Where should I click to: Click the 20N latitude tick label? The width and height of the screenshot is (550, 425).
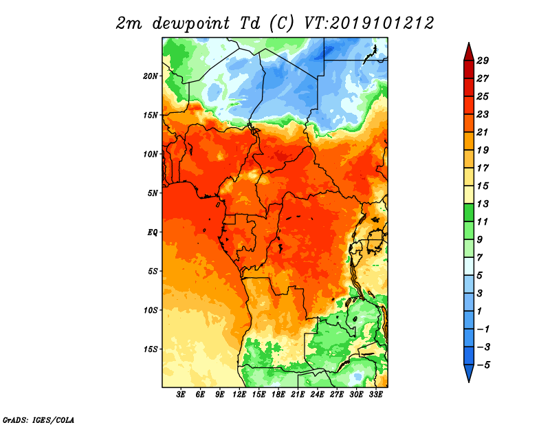(151, 76)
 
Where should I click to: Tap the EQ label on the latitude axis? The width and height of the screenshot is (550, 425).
(153, 232)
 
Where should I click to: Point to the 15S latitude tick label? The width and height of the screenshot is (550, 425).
(151, 349)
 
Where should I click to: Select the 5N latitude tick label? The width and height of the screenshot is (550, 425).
(153, 193)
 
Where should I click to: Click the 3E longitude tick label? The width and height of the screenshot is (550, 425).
(181, 395)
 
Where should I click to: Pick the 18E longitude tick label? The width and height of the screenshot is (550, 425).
(278, 395)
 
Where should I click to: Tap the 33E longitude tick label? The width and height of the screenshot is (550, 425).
(375, 395)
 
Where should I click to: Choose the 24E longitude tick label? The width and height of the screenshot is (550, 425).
(317, 395)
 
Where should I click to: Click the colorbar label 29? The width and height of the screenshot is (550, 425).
(483, 61)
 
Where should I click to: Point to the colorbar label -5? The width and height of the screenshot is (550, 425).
(483, 365)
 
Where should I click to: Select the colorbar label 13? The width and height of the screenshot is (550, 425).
(483, 204)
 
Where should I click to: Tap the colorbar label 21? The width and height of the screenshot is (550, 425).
(483, 132)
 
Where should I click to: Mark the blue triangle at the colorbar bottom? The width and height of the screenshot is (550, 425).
(469, 372)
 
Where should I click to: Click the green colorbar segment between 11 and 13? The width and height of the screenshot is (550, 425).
(469, 212)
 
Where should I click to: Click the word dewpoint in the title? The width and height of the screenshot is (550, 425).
(191, 24)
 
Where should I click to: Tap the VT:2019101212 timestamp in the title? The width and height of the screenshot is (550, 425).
(369, 23)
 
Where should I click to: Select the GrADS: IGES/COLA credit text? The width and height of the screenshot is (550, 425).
(38, 420)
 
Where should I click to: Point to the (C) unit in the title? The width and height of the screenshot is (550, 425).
(281, 23)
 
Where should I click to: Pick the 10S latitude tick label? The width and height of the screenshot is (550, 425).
(151, 311)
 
